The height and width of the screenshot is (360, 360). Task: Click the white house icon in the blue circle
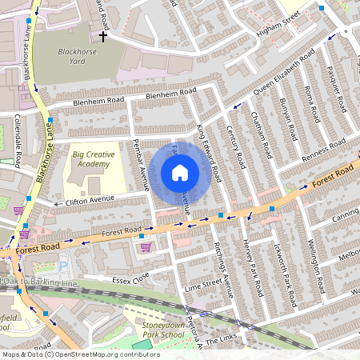click(x=180, y=173)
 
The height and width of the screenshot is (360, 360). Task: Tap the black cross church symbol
click(x=102, y=35)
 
